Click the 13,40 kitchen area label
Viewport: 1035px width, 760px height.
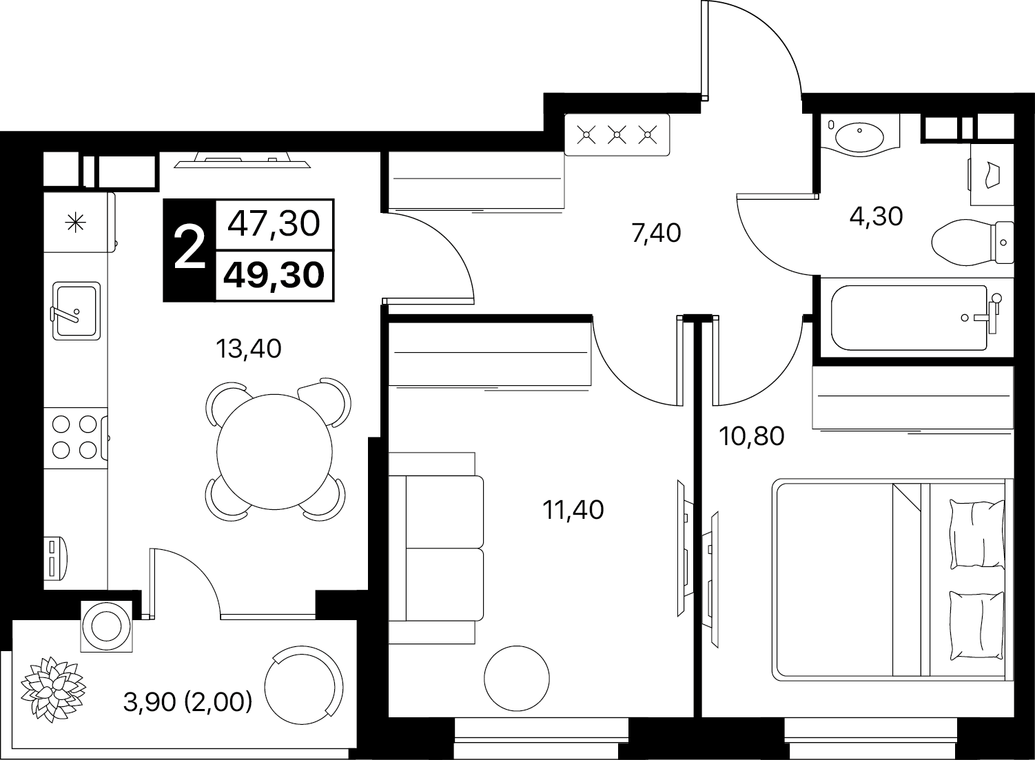point(249,349)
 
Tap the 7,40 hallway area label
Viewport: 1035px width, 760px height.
point(656,234)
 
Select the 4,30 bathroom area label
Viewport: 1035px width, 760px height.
point(876,216)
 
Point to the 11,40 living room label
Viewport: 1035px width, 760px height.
point(573,510)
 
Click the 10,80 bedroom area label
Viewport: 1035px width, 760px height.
point(752,435)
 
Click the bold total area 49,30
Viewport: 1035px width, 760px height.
point(274,275)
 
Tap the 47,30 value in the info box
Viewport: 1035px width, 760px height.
point(274,224)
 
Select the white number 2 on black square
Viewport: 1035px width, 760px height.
point(189,249)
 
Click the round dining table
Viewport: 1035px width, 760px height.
point(274,452)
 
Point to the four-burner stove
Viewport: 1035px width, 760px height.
point(76,437)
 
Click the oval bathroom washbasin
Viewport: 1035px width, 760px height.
point(859,137)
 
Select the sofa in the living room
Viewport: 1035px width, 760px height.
point(435,548)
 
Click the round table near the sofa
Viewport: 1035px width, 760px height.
point(517,679)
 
